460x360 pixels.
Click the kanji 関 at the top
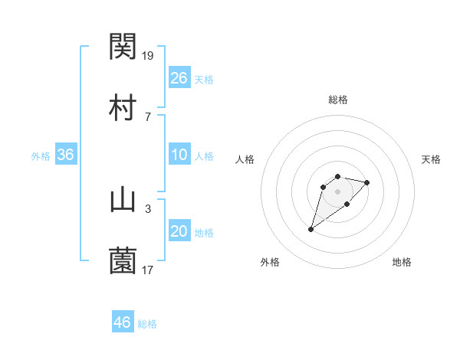(123, 47)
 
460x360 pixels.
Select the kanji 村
(123, 107)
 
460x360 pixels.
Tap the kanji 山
(123, 201)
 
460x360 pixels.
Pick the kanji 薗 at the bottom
(123, 261)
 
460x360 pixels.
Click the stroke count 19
(149, 55)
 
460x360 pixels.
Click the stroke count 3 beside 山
(148, 208)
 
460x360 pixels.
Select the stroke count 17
(149, 269)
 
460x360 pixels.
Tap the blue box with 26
(179, 77)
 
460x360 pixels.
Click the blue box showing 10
(179, 155)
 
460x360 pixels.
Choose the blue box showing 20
(179, 231)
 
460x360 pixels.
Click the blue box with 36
(66, 155)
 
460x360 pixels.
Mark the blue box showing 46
(123, 322)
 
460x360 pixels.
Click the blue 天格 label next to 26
(204, 79)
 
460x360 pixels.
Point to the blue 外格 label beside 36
(41, 156)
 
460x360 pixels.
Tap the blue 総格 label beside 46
(147, 324)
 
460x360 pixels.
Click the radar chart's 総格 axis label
(338, 100)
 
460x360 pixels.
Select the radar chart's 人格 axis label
(245, 159)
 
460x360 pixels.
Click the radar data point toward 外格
(310, 229)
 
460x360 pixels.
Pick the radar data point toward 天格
(367, 182)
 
